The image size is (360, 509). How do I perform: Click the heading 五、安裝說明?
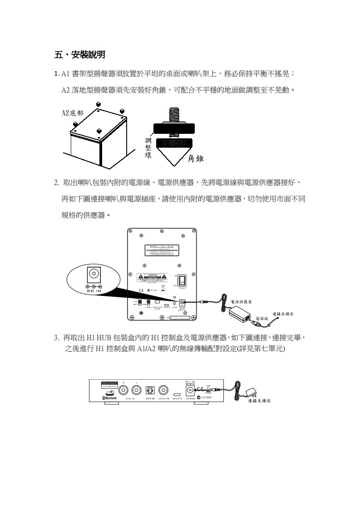(80, 55)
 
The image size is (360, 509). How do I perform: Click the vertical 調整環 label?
(148, 148)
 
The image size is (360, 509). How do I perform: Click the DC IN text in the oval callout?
(94, 291)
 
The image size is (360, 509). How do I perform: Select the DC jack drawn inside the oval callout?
(94, 274)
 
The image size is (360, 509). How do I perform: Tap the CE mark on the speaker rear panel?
(142, 290)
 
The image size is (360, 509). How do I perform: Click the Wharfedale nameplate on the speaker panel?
(162, 250)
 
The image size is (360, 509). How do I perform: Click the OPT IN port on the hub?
(150, 390)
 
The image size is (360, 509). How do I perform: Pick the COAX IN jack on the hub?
(164, 390)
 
